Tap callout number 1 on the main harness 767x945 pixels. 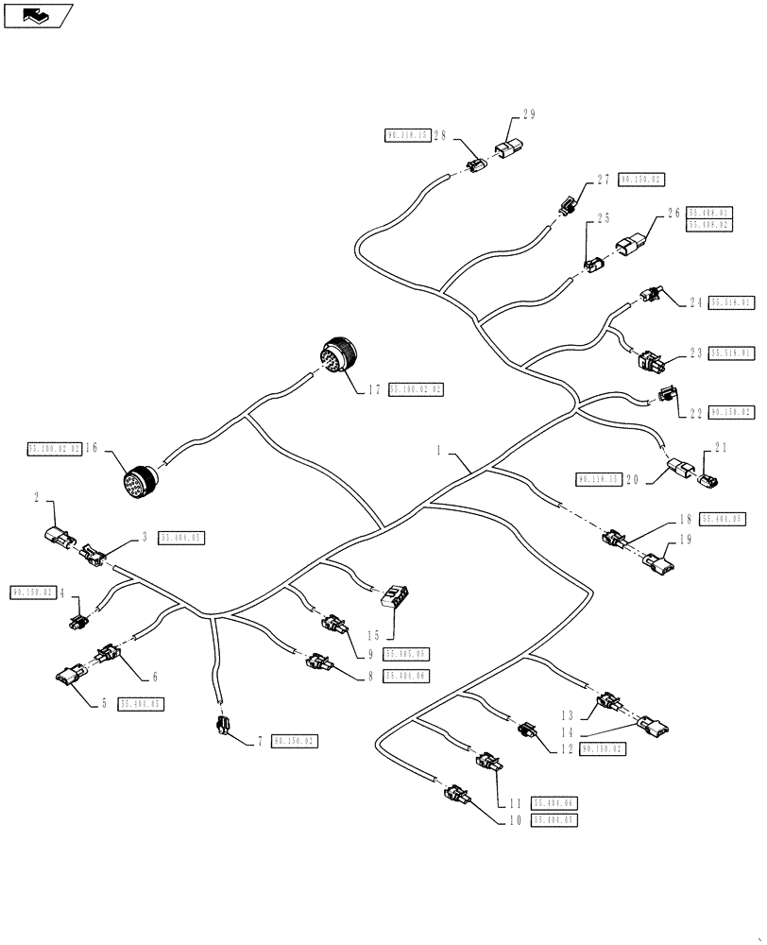[439, 453]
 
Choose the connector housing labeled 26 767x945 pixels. [631, 248]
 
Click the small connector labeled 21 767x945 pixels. [710, 484]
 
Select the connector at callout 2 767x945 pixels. [58, 538]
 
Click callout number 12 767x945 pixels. [567, 749]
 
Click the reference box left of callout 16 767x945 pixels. [54, 450]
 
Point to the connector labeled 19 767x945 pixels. [657, 564]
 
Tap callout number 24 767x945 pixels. [696, 303]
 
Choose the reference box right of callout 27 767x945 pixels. [641, 179]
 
